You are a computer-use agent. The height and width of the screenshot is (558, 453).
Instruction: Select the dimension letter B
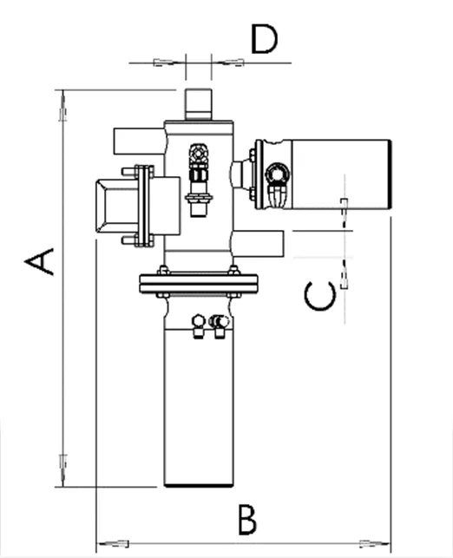[x=247, y=520]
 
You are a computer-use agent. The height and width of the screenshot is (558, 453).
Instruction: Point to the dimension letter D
[x=264, y=39]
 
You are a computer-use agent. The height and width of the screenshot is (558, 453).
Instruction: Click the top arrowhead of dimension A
[x=62, y=108]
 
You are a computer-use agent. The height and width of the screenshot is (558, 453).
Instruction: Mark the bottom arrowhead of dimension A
[x=62, y=469]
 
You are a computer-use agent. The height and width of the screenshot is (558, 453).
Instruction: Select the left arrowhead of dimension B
[x=108, y=544]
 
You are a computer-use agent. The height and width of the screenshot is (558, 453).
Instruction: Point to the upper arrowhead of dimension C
[x=345, y=209]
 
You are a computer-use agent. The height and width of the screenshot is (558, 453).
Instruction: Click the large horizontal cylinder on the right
[x=338, y=174]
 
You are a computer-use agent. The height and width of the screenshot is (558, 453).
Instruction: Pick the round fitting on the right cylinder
[x=276, y=174]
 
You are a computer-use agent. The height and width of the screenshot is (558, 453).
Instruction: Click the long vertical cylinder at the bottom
[x=200, y=399]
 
